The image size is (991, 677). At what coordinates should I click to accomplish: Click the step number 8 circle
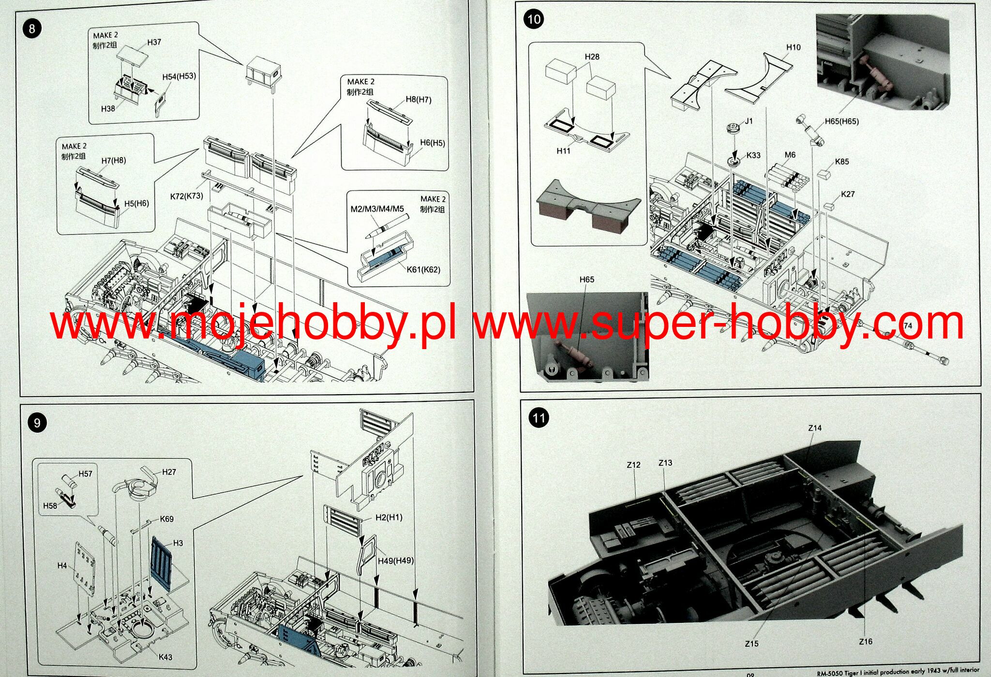[x=32, y=29]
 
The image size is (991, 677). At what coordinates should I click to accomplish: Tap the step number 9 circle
[x=37, y=423]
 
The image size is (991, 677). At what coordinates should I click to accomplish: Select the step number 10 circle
[x=534, y=19]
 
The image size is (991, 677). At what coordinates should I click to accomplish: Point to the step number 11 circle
[x=539, y=417]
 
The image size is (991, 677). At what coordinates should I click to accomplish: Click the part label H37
[x=154, y=43]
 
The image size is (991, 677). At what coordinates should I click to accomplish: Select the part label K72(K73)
[x=186, y=196]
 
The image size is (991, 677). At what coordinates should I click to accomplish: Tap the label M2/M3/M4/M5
[x=377, y=209]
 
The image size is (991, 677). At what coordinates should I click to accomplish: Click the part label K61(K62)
[x=423, y=269]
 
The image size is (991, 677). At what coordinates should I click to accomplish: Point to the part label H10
[x=793, y=47]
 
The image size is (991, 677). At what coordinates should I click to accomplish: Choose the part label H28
[x=592, y=57]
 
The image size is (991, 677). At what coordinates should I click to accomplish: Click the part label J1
[x=749, y=121]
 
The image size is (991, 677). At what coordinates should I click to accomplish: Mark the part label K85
[x=841, y=162]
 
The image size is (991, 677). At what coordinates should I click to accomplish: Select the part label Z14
[x=815, y=428]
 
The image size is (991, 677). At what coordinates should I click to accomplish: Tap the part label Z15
[x=751, y=644]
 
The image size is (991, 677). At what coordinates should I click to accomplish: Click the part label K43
[x=165, y=657]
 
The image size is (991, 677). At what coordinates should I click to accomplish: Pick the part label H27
[x=169, y=472]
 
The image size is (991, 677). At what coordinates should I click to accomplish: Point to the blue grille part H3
[x=162, y=563]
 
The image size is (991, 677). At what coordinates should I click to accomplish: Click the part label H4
[x=62, y=565]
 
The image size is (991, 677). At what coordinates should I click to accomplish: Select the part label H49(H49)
[x=395, y=560]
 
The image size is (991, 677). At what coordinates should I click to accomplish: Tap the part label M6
[x=790, y=155]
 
